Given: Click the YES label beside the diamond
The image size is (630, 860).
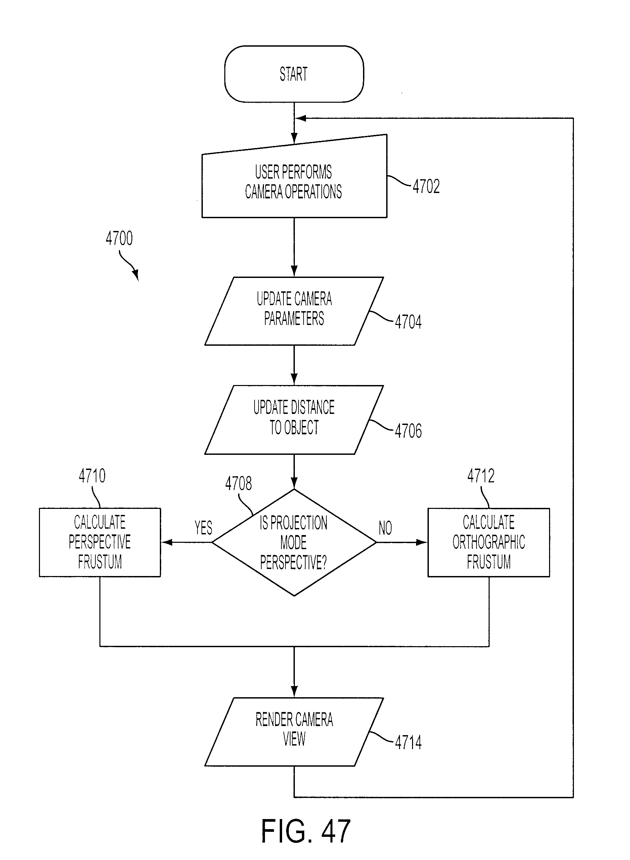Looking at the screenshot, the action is pyautogui.click(x=203, y=528).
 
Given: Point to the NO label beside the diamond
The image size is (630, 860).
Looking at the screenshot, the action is pyautogui.click(x=385, y=528).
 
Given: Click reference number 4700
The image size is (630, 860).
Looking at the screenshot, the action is pyautogui.click(x=119, y=238).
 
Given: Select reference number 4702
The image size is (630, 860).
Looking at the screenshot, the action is pyautogui.click(x=426, y=186).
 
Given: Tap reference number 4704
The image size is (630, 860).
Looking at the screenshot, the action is pyautogui.click(x=408, y=322).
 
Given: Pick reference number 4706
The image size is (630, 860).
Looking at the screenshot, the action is pyautogui.click(x=408, y=431).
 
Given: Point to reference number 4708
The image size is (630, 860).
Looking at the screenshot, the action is pyautogui.click(x=239, y=483).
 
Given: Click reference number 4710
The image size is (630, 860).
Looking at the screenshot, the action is pyautogui.click(x=92, y=476).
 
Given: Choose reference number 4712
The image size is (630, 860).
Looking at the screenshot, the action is pyautogui.click(x=481, y=476).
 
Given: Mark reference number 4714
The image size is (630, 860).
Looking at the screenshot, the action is pyautogui.click(x=408, y=742).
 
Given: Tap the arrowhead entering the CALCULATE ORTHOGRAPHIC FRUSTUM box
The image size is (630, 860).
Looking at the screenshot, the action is pyautogui.click(x=422, y=542).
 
